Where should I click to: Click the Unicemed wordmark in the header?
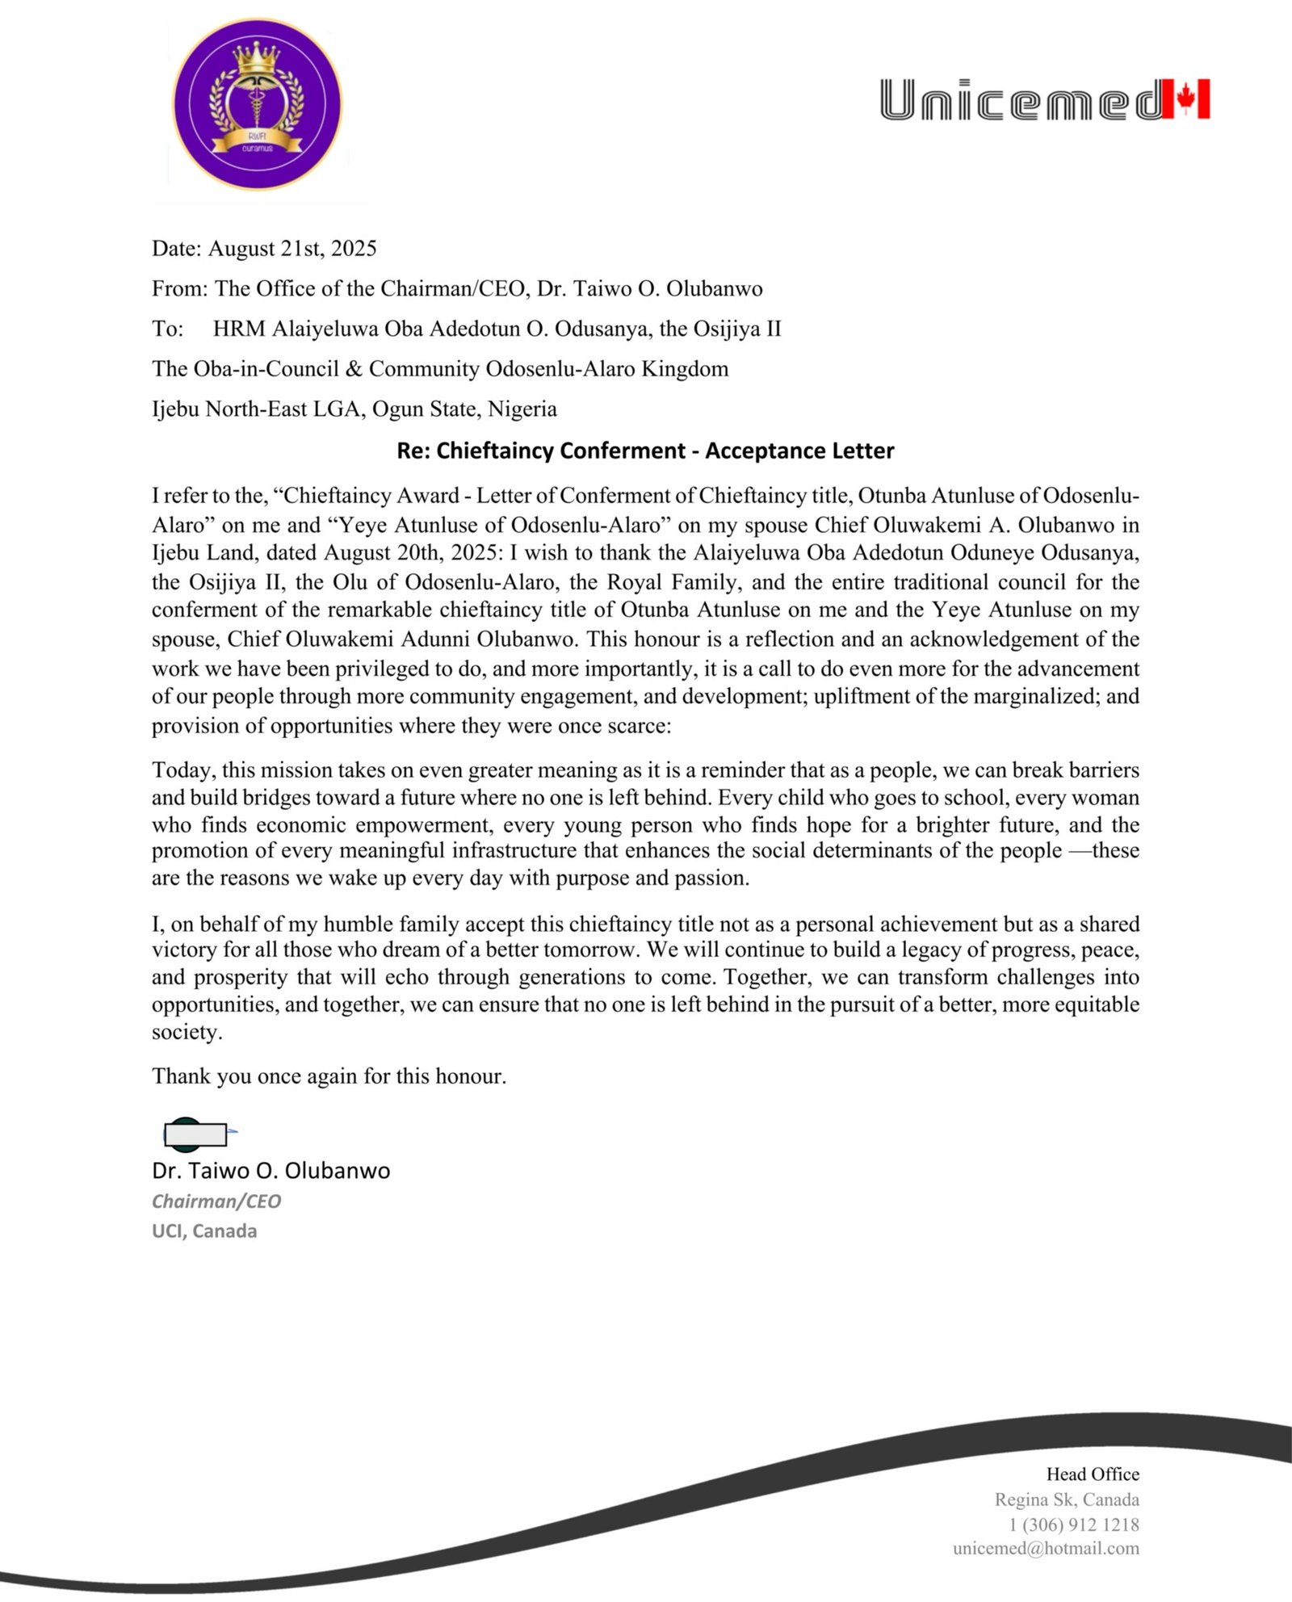(1021, 100)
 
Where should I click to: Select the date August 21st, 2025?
(292, 248)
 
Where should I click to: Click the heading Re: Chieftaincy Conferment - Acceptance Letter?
(645, 451)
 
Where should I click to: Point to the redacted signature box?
(195, 1134)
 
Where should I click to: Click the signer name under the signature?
(271, 1171)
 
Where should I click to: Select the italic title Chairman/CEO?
(216, 1201)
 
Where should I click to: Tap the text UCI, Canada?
(204, 1231)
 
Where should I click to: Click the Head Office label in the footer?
(1092, 1474)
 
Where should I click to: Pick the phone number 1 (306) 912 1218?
(1073, 1524)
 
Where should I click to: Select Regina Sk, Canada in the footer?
(1066, 1499)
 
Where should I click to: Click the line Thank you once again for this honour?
(329, 1076)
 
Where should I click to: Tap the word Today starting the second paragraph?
(182, 770)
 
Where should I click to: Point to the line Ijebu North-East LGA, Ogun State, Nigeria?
(354, 409)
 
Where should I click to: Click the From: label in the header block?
(180, 288)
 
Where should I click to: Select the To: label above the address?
(167, 329)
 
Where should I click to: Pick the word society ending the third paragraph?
(186, 1032)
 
